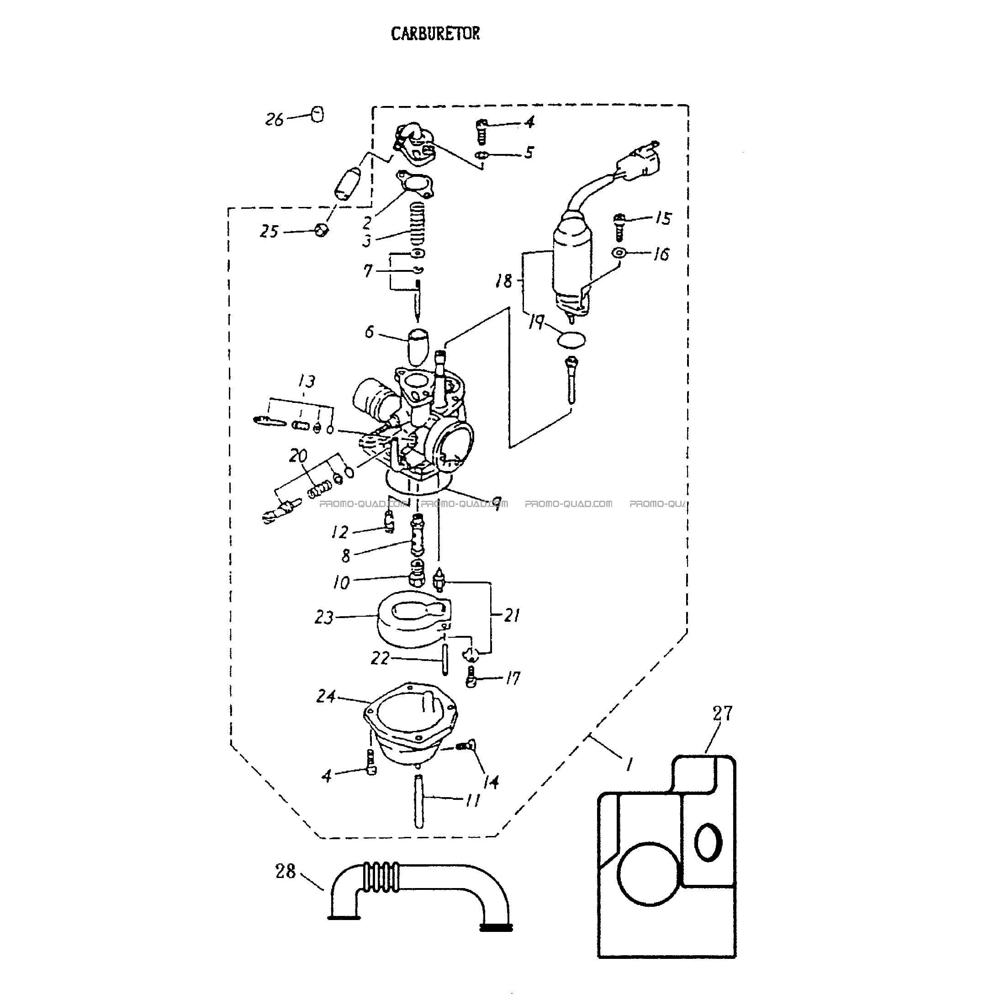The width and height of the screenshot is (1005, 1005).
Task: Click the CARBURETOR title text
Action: [x=435, y=34]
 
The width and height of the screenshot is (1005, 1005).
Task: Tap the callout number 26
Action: [x=275, y=120]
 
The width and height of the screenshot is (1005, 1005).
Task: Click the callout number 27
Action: [x=723, y=713]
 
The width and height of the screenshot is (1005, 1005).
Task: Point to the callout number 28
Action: [x=285, y=871]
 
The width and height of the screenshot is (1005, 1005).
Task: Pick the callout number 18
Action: [x=503, y=281]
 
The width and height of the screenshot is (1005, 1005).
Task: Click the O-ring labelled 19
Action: [x=571, y=340]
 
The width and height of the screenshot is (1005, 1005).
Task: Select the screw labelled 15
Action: [x=619, y=227]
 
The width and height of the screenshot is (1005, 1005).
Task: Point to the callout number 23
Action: [x=323, y=618]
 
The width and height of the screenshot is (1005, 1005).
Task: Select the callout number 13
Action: [x=307, y=382]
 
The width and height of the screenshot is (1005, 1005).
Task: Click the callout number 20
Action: [x=298, y=456]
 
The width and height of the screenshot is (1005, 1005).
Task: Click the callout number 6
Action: [x=369, y=332]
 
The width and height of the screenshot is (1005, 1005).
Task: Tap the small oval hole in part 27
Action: [x=708, y=841]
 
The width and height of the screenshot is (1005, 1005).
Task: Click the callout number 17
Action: [x=513, y=678]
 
